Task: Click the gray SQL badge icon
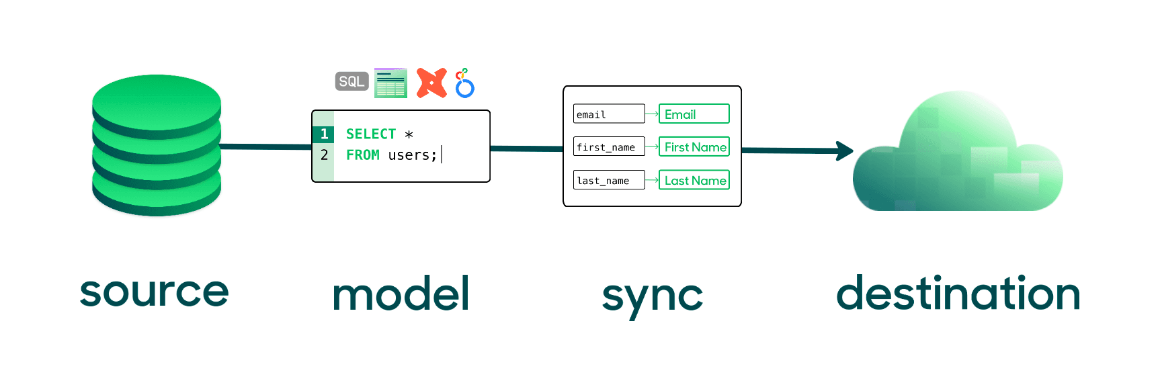(351, 81)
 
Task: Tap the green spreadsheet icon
(390, 83)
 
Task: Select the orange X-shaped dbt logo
(431, 83)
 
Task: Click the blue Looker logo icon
(464, 83)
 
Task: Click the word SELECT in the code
(370, 134)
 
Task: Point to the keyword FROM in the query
(362, 155)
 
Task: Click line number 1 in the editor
(324, 134)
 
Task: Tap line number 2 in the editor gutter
(324, 155)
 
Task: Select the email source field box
(608, 114)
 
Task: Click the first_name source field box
(608, 147)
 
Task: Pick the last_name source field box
(608, 180)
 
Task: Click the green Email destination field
(694, 114)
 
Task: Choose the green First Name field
(694, 147)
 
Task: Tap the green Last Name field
(694, 180)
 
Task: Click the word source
(154, 292)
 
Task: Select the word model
(401, 294)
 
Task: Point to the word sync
(652, 296)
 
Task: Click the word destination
(958, 294)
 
